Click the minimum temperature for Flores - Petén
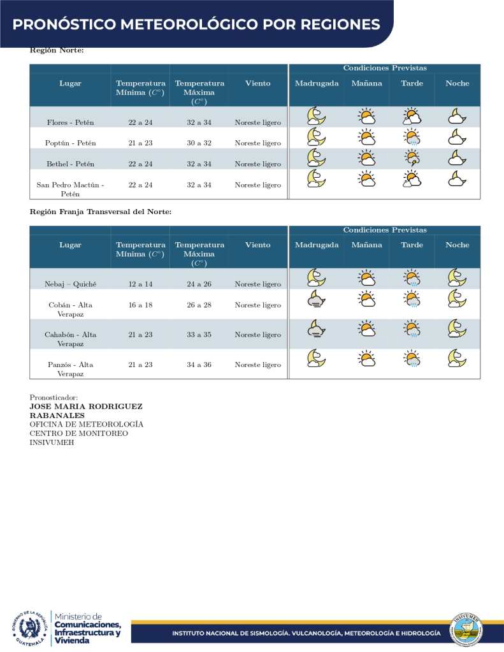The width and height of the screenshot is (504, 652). [x=140, y=122]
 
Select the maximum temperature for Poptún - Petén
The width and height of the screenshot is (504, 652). [x=199, y=143]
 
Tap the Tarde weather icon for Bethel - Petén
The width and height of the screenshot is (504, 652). [x=412, y=158]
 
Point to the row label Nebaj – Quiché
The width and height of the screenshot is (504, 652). [x=70, y=284]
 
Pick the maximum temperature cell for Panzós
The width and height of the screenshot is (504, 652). [x=199, y=365]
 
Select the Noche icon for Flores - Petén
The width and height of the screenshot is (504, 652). [x=457, y=116]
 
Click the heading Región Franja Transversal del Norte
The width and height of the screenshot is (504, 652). [x=100, y=212]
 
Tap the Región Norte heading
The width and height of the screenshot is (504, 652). [x=57, y=50]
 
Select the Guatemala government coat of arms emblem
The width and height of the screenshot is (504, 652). [x=28, y=628]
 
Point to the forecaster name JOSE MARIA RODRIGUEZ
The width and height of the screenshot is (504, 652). [x=86, y=407]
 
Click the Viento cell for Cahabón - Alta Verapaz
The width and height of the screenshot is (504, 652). [x=257, y=335]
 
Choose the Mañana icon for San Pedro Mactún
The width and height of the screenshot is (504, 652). [x=366, y=179]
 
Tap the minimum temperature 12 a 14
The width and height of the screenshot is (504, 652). [x=140, y=284]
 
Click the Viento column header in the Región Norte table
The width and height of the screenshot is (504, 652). [x=257, y=83]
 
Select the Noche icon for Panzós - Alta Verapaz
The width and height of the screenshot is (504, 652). [x=457, y=358]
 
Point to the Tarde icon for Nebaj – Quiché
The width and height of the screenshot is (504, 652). [x=412, y=278]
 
